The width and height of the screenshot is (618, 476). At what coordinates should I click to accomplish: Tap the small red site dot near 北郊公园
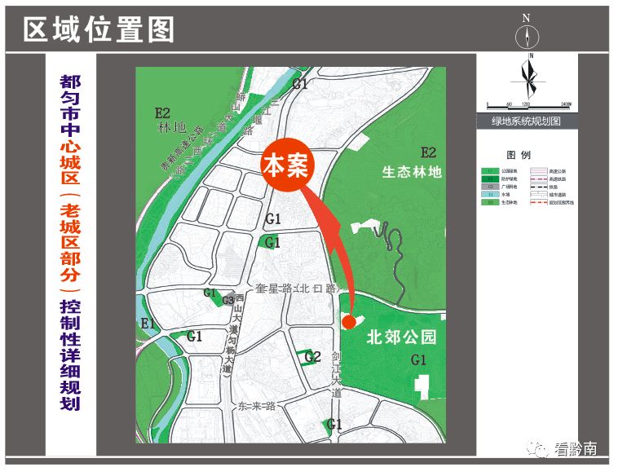coord(348,320)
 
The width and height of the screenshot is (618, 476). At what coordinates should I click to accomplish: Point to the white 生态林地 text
coord(412,172)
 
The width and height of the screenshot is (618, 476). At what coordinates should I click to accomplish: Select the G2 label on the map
coord(312,356)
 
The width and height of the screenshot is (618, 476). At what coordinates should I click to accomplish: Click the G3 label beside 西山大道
coord(228,300)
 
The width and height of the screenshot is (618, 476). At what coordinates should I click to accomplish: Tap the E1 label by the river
coord(148,324)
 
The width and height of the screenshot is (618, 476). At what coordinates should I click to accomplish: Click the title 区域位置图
coord(99,30)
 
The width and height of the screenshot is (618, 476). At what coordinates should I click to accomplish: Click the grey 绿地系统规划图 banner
coord(526,121)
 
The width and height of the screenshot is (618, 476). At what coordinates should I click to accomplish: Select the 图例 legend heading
coord(519,154)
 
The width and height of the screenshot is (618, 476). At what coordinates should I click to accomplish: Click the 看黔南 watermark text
coord(575,447)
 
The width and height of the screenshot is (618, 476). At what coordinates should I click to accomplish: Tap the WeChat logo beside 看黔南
coord(537,447)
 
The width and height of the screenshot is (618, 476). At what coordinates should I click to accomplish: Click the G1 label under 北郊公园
coord(419,359)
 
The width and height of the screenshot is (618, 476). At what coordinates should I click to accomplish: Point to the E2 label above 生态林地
coord(428,152)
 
